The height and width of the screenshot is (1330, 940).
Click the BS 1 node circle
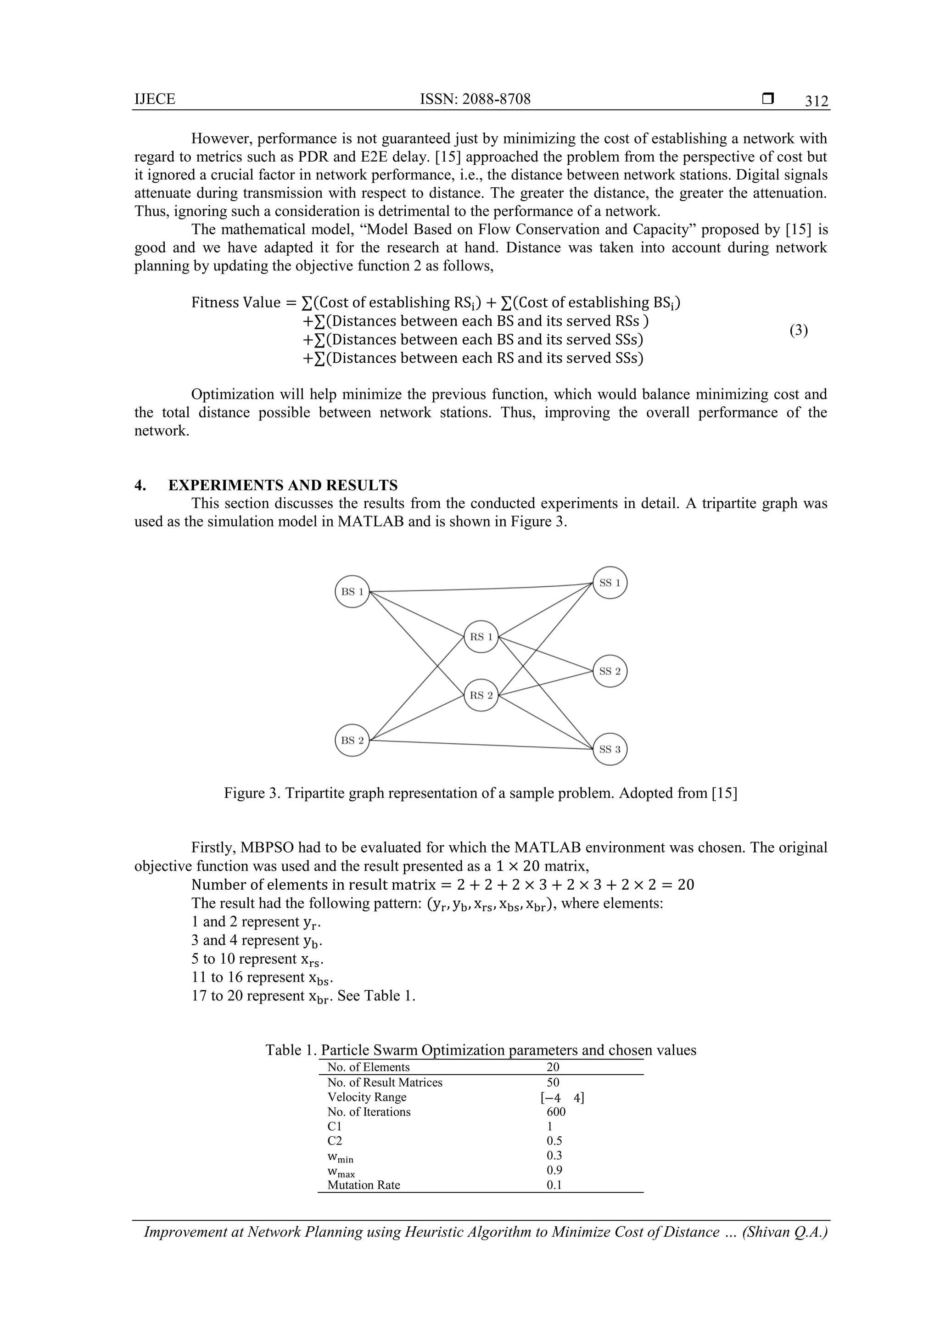[352, 591]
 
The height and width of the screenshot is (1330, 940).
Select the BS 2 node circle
[352, 741]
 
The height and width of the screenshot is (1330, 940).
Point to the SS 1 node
[610, 583]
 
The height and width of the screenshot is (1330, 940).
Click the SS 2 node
[610, 671]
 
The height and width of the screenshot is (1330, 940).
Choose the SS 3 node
[610, 749]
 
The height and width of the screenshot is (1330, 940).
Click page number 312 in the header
[816, 101]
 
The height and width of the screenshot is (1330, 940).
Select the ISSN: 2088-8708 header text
[475, 99]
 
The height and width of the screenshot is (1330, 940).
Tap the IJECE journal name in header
[155, 99]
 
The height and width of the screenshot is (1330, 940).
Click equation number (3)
[798, 330]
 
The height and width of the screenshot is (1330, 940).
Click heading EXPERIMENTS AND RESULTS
[283, 485]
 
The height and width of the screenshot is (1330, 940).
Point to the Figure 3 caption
[480, 792]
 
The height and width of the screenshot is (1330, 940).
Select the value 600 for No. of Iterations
[555, 1111]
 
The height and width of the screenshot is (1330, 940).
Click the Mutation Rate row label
[363, 1184]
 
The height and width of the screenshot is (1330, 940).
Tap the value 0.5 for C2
[554, 1140]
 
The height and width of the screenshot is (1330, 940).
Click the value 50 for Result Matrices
[553, 1082]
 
